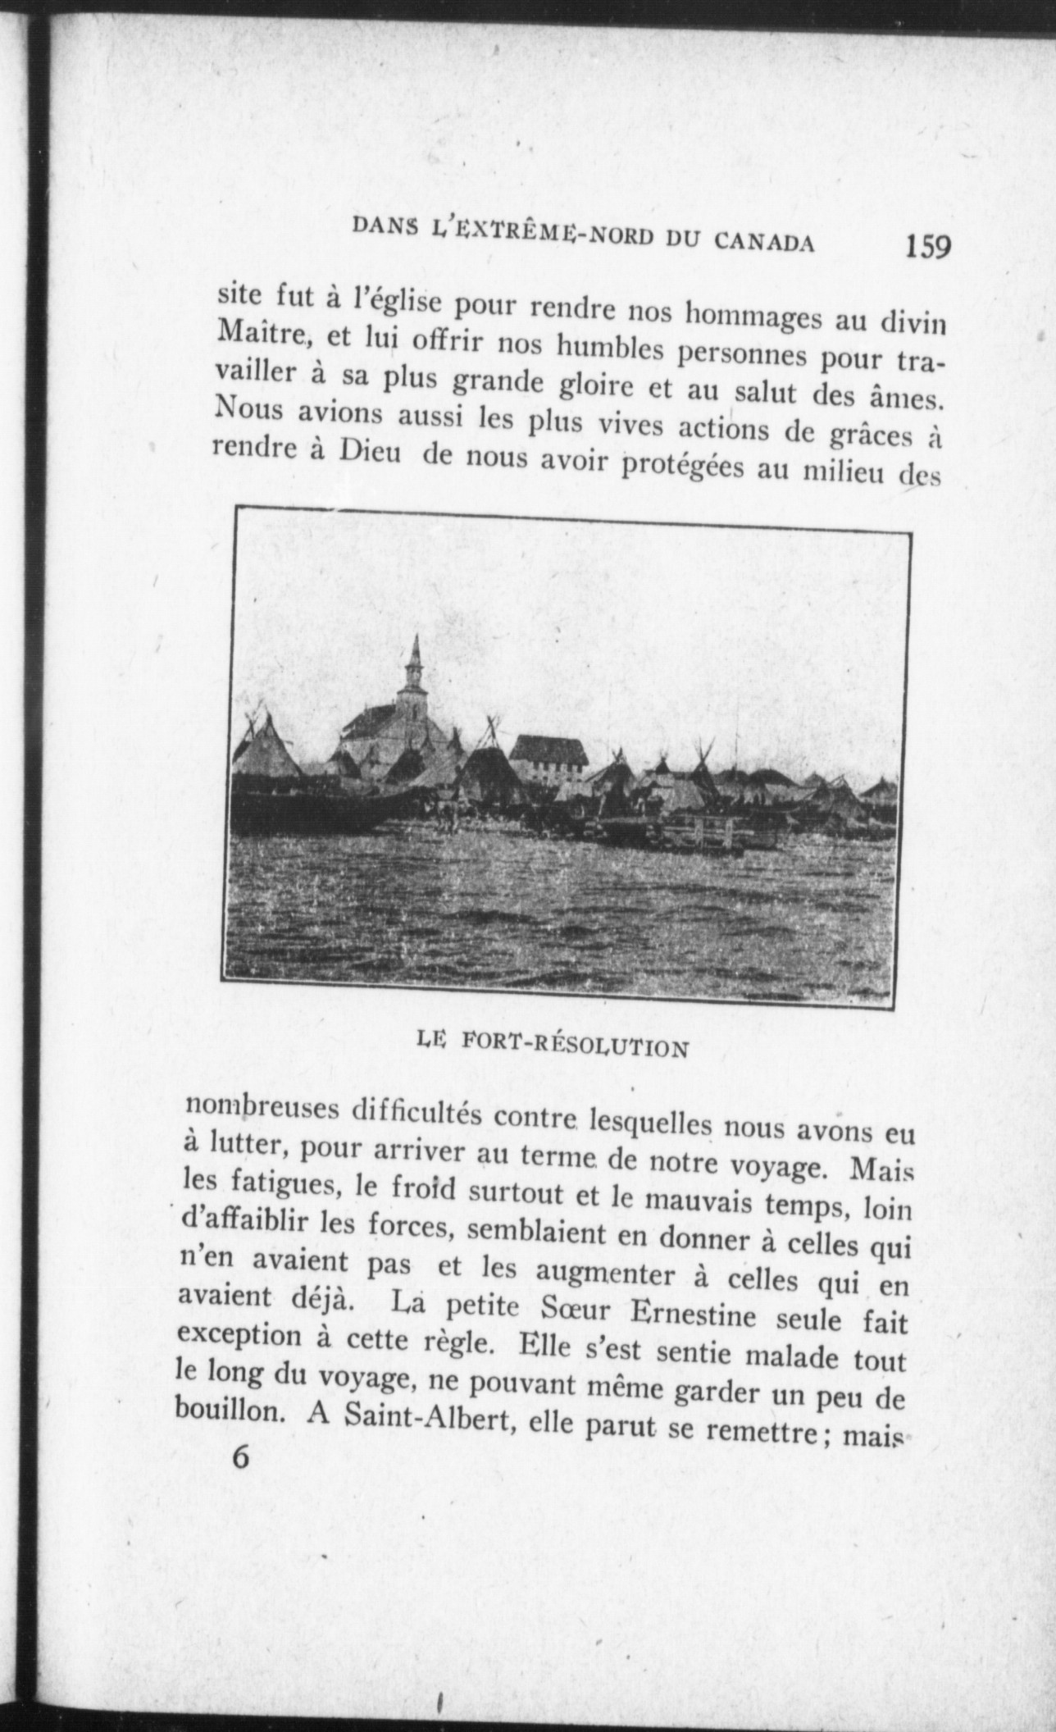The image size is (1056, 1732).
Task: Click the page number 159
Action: (927, 247)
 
